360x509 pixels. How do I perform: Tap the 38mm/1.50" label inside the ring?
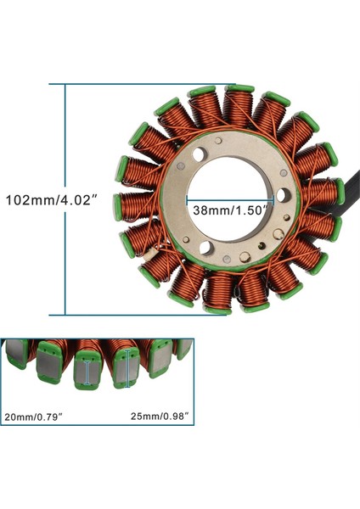(x=230, y=209)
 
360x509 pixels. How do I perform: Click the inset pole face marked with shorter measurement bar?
(x=88, y=371)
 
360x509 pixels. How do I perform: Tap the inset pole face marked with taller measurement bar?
(x=128, y=369)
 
